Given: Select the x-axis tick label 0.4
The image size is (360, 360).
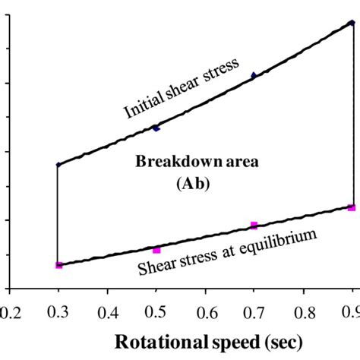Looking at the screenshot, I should (x=107, y=311).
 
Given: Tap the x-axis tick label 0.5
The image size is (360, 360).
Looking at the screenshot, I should (x=156, y=311).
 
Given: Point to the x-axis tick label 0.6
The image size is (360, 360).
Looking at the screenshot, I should (x=205, y=311).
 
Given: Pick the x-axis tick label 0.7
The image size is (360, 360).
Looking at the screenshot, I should (x=254, y=311).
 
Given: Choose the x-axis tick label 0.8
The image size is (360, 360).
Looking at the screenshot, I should (x=303, y=311).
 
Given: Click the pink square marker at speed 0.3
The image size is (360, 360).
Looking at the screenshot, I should (x=58, y=264).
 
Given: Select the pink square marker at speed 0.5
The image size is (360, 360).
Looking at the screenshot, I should (x=156, y=250).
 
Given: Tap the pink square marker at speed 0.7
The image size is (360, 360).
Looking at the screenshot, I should (x=254, y=226).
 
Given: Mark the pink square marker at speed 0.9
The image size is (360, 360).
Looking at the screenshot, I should (x=351, y=207).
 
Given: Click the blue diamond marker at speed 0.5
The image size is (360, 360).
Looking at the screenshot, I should (x=156, y=128).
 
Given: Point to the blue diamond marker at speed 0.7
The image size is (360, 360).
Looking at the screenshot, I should (x=254, y=75).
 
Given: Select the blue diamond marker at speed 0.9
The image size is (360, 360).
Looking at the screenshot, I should (x=352, y=23).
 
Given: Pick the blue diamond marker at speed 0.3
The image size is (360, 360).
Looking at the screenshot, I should (x=58, y=164).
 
